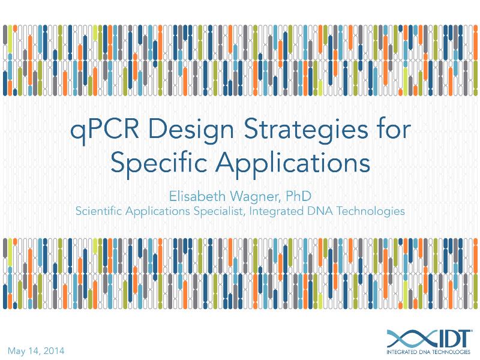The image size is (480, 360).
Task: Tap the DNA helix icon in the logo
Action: click(x=407, y=337)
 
